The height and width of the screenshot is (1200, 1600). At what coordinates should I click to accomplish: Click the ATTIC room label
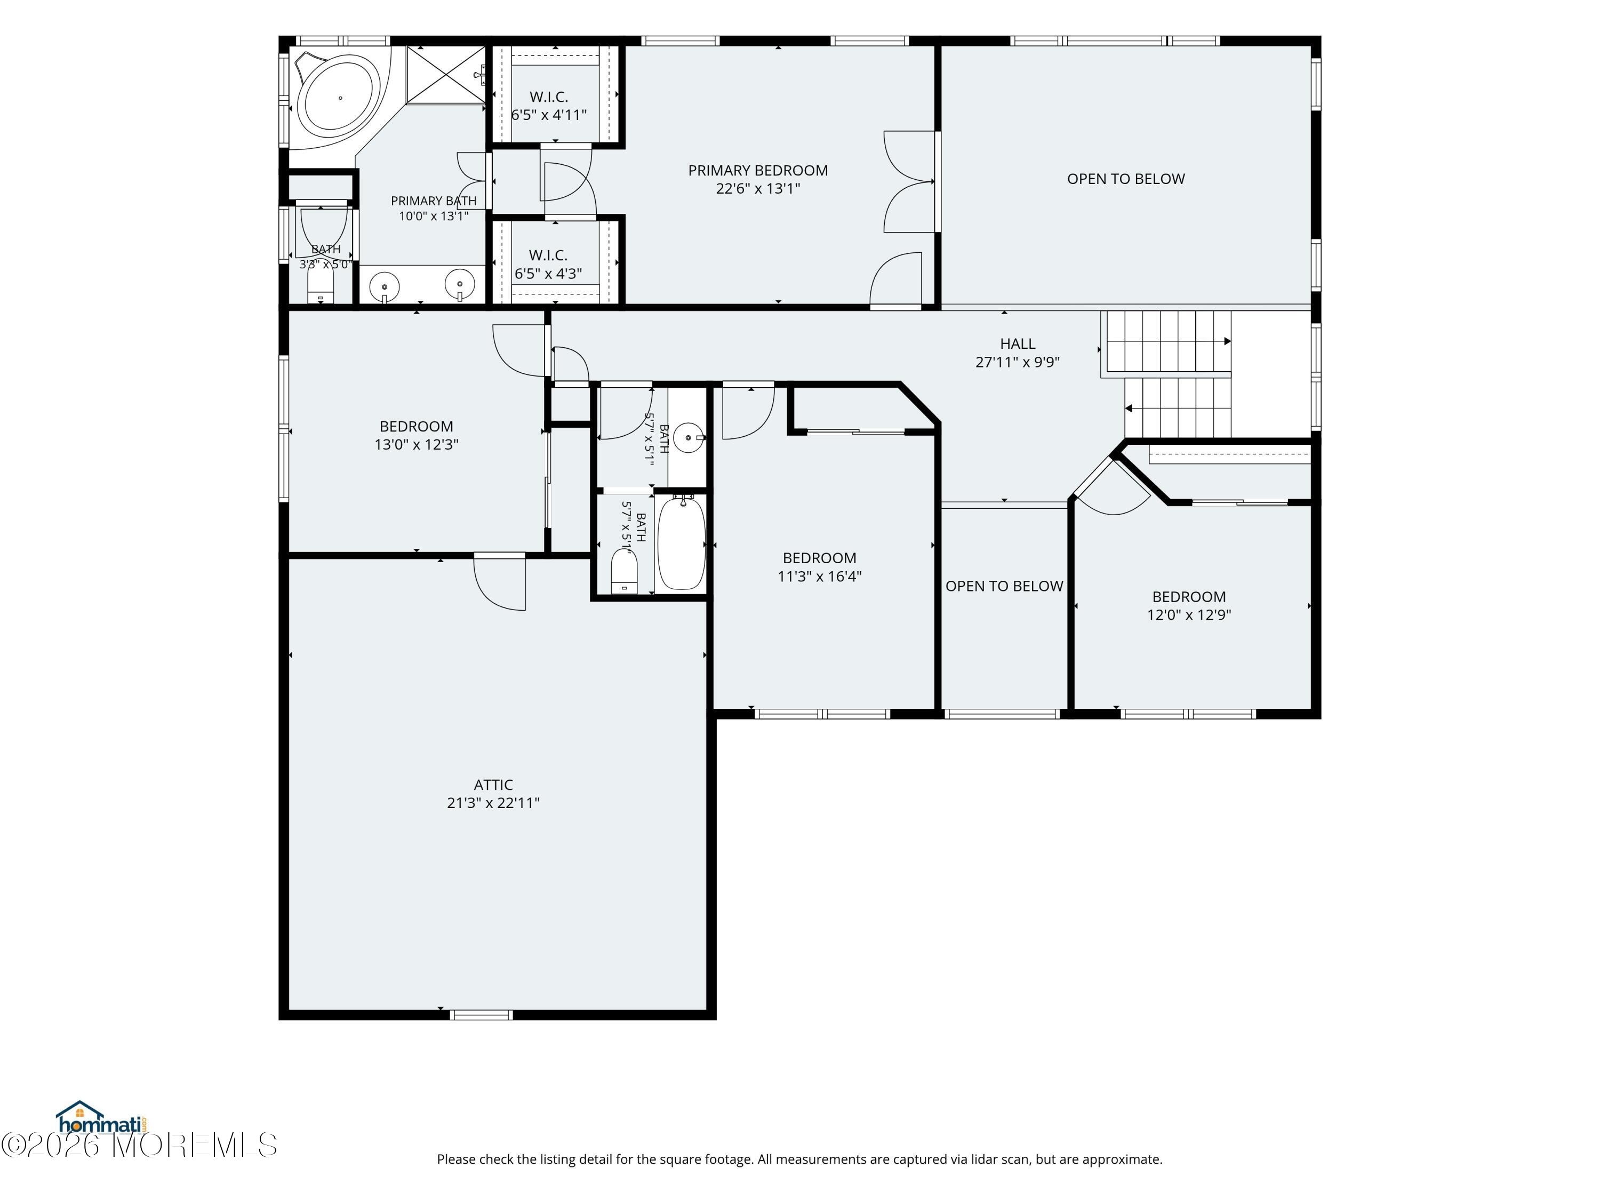click(493, 785)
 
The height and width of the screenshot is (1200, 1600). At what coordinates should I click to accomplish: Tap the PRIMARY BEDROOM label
click(758, 171)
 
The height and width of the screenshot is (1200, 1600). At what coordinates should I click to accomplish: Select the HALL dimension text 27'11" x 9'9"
click(1018, 362)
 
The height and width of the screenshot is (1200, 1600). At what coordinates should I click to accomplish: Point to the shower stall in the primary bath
click(445, 75)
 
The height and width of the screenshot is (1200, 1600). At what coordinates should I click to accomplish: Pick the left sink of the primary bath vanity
click(384, 287)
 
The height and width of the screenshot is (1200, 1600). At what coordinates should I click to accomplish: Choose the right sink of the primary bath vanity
click(459, 284)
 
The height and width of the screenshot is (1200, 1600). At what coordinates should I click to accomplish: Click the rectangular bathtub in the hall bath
click(682, 542)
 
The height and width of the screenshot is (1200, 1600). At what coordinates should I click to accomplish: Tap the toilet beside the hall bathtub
click(623, 571)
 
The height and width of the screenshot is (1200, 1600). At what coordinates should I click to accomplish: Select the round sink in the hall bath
click(688, 438)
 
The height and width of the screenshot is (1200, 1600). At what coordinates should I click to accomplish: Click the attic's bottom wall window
click(481, 1015)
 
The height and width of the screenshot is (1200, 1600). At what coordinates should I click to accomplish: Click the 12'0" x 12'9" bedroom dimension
click(1189, 615)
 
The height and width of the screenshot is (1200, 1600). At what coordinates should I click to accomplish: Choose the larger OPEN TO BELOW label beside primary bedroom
click(1126, 179)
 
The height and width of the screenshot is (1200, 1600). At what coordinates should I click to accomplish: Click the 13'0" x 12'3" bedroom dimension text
click(417, 445)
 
